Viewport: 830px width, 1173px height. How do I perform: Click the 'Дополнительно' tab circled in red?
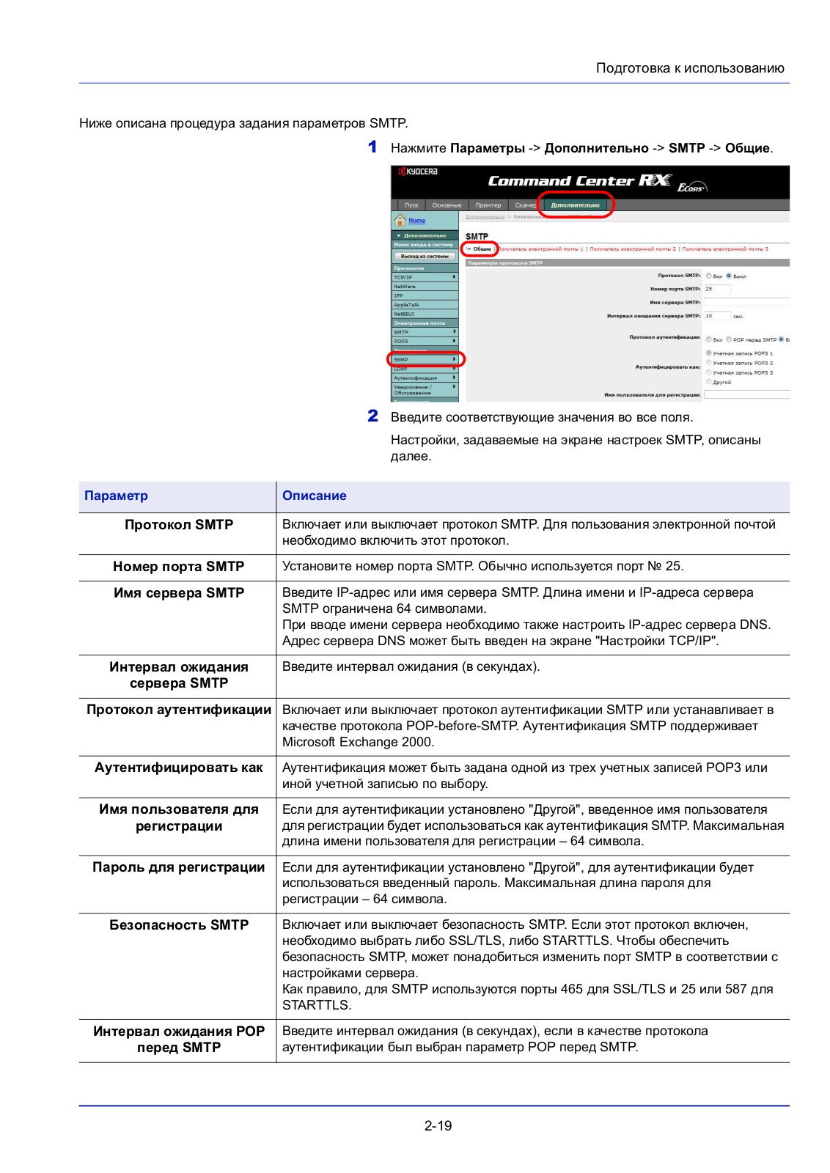pos(576,205)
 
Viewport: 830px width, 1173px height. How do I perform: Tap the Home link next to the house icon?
pos(416,221)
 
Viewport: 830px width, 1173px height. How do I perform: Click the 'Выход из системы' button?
pos(425,256)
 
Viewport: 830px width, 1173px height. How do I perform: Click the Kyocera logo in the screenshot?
pos(419,172)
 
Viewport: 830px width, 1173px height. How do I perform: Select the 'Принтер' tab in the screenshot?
pos(488,205)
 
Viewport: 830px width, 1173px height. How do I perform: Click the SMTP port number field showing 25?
pos(717,289)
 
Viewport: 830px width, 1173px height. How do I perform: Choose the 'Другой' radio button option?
pos(709,382)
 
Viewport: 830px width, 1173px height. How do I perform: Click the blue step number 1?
pos(372,147)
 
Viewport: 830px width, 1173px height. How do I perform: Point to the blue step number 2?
pos(372,416)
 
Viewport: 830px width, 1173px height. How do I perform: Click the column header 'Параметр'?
pos(116,496)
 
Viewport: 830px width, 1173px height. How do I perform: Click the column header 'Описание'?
pos(314,496)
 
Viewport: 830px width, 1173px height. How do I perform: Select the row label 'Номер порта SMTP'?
pos(178,567)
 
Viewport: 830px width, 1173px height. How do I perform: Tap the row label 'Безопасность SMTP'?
pos(178,925)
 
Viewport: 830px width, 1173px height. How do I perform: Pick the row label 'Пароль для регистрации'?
pos(178,867)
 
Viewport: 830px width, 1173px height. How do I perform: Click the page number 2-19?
pos(438,1126)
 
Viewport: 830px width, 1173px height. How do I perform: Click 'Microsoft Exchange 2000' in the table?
pos(357,742)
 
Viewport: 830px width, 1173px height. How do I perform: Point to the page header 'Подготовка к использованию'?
pos(689,68)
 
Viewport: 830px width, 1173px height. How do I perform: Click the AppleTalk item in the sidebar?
pos(407,305)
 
